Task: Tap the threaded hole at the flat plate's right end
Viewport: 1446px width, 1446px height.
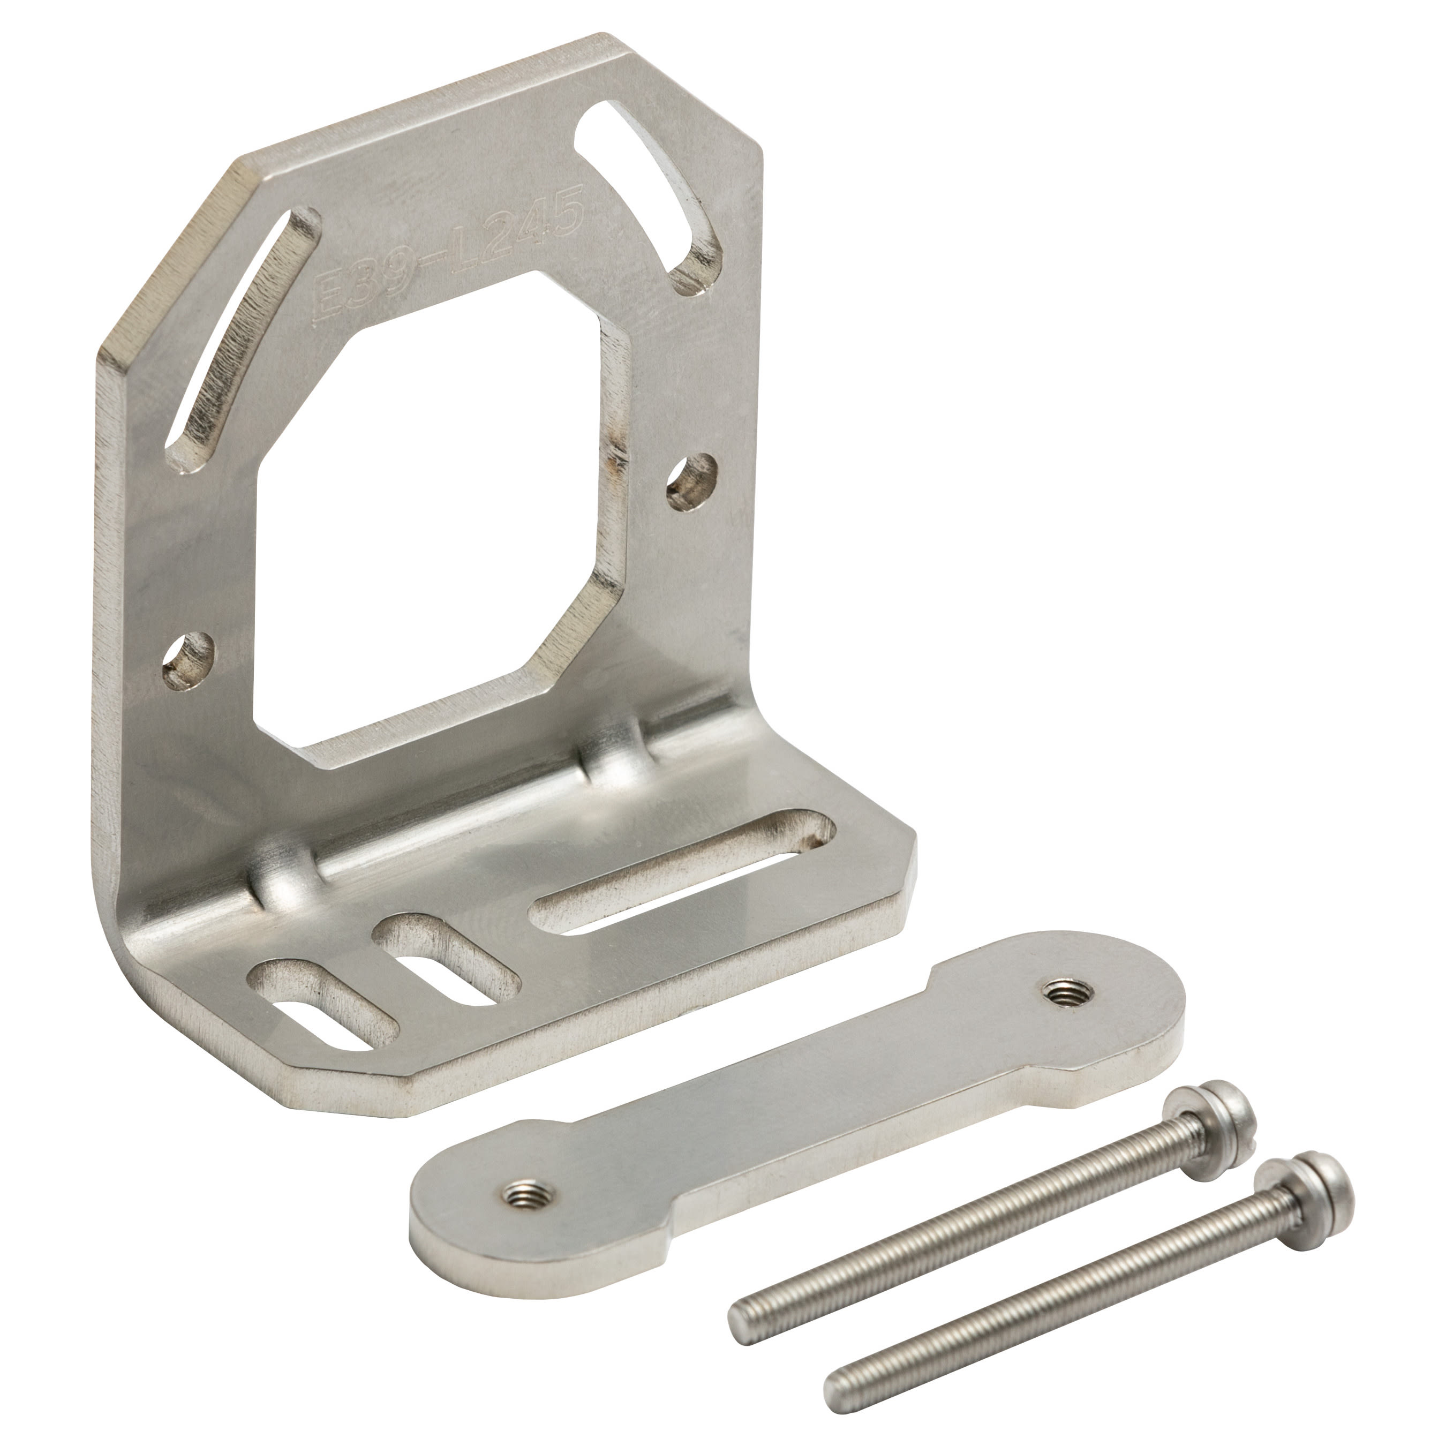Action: [x=1062, y=993]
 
